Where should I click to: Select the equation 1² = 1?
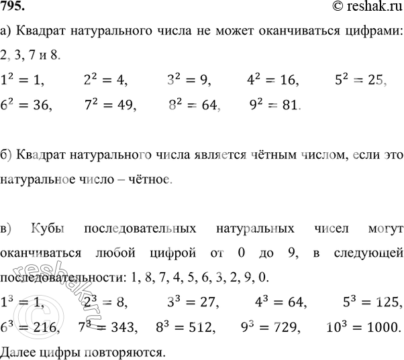pos(23,80)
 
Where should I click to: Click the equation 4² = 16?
pos(273,80)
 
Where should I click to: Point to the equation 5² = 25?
pos(360,80)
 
